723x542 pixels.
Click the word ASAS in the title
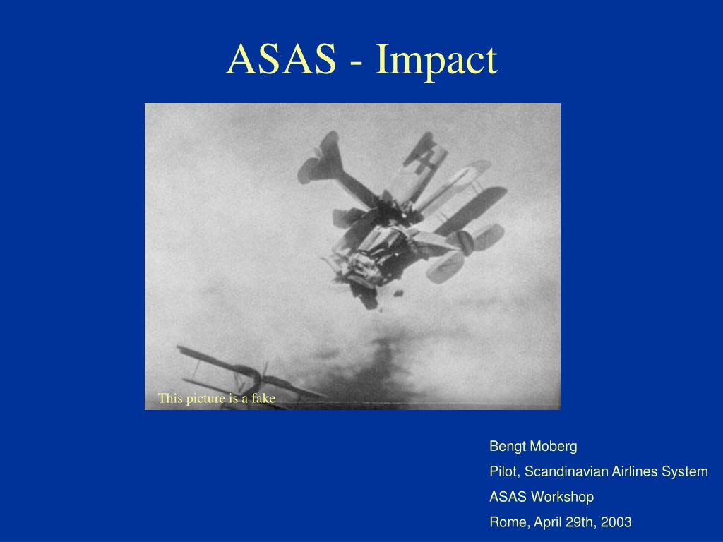point(281,59)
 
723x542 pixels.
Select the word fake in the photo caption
point(263,398)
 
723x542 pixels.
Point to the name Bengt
point(506,446)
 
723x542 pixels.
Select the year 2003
point(616,522)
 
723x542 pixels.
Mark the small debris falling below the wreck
point(398,293)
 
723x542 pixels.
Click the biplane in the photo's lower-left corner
point(244,375)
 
